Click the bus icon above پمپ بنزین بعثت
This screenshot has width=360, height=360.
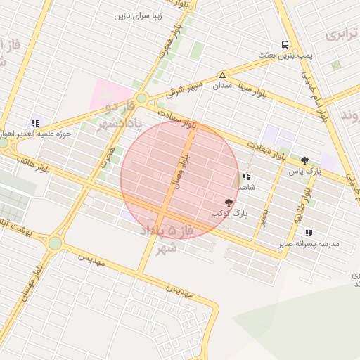point(285,44)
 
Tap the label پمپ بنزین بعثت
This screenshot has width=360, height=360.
point(285,55)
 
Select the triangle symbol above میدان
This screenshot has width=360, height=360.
point(222,75)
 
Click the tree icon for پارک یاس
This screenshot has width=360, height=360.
point(304,160)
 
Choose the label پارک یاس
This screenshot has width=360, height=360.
point(304,171)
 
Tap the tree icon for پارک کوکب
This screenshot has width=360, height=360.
point(229,202)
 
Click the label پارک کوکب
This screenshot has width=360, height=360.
point(229,212)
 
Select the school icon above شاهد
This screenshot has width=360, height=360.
point(245,177)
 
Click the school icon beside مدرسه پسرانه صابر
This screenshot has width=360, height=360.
point(309,233)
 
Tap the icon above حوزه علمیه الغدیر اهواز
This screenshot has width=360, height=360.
point(36,123)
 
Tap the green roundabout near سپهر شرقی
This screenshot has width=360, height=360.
point(142,98)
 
